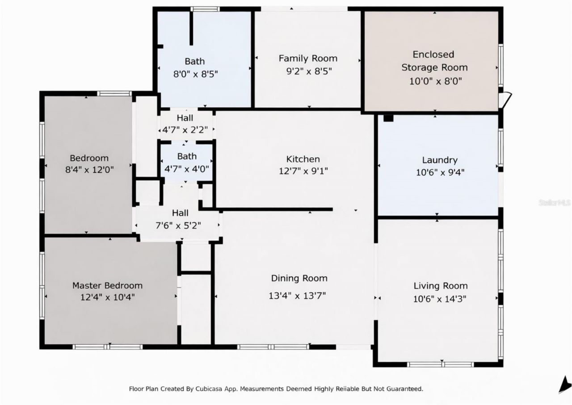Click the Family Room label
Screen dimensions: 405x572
(308, 58)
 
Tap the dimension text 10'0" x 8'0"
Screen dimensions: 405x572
(434, 81)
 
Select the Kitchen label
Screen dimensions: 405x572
(303, 159)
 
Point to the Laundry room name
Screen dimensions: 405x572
(440, 160)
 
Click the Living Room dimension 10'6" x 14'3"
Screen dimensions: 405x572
(440, 299)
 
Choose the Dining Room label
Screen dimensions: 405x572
(299, 278)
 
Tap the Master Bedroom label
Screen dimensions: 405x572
(107, 285)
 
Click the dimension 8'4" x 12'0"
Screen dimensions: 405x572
(89, 170)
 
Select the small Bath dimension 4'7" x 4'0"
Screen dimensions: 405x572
(186, 169)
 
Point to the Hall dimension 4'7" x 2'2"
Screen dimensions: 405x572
(184, 130)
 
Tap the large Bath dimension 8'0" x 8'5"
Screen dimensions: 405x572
(195, 74)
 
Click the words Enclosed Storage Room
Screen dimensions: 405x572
(434, 61)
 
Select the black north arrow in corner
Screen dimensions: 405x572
(564, 384)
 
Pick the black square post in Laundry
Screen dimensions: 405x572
(388, 118)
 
